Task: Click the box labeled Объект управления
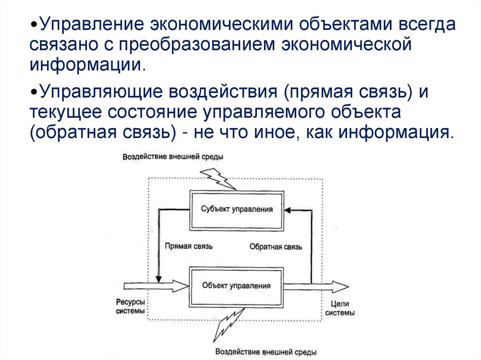pos(236,285)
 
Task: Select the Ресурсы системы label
pos(131,306)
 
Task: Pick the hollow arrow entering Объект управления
pos(156,285)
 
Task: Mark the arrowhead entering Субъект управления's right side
pos(288,210)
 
